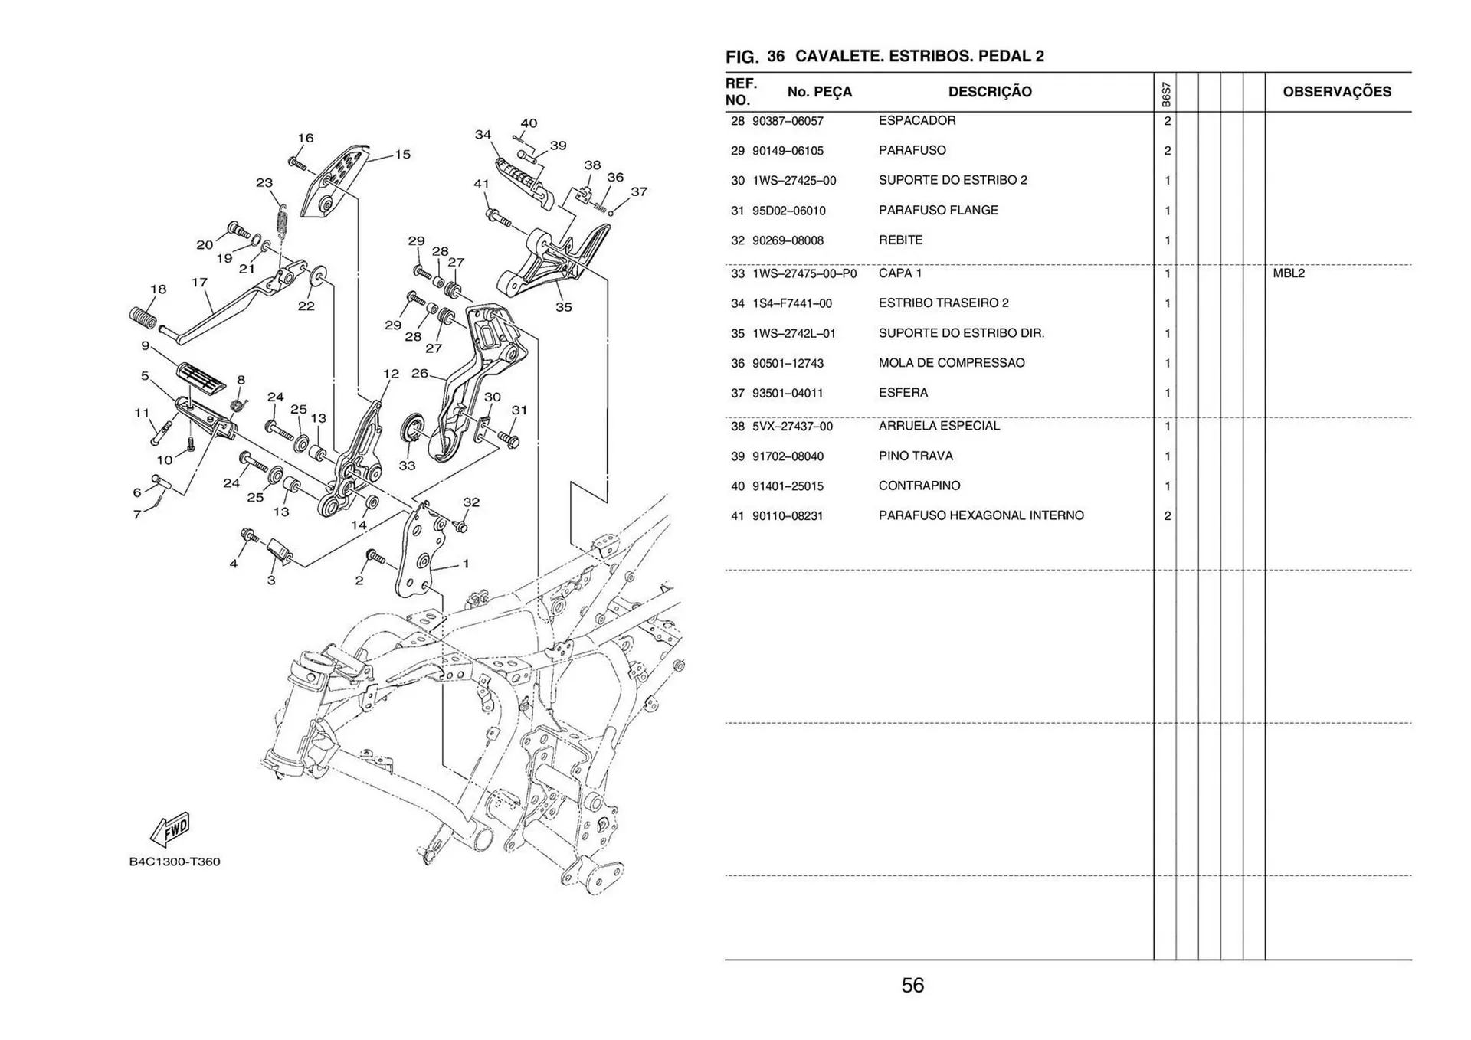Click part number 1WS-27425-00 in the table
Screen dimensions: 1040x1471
794,182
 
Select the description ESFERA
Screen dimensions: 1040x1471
903,393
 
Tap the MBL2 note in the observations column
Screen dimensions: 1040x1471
1289,273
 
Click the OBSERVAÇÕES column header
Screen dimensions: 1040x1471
1336,92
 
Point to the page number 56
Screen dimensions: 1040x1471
912,985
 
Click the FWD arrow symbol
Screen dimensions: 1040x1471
171,829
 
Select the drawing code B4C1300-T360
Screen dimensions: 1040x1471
175,862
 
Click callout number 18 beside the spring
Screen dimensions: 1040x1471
158,289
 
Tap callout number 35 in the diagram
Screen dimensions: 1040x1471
563,307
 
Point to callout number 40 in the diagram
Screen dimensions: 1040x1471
529,123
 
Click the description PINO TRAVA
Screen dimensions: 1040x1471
916,456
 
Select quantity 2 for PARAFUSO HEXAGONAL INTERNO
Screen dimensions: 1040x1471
1167,516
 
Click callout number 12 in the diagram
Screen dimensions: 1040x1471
391,374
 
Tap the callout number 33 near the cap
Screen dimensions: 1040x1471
407,466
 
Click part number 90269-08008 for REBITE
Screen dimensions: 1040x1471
788,240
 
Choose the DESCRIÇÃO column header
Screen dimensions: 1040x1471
989,92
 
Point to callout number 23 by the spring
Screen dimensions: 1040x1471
264,183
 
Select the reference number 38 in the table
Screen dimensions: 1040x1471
737,427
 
